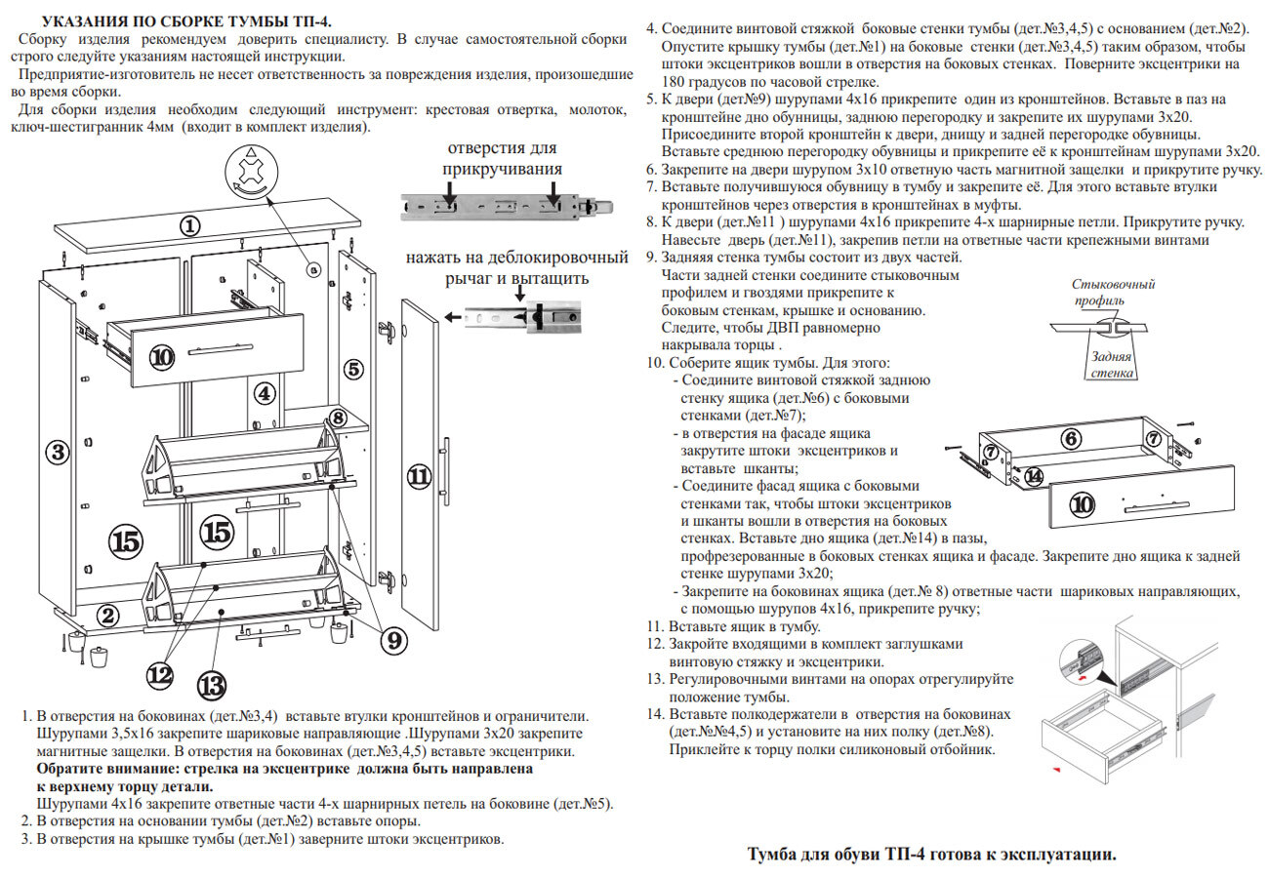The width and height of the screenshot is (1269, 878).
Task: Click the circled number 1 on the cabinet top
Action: pyautogui.click(x=189, y=225)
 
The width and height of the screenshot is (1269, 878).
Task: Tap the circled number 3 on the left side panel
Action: pyautogui.click(x=58, y=452)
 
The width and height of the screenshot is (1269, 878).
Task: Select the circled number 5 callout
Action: pyautogui.click(x=352, y=370)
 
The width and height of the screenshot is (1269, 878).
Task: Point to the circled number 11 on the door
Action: pyautogui.click(x=418, y=477)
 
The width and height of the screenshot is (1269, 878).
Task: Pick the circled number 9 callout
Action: pyautogui.click(x=391, y=641)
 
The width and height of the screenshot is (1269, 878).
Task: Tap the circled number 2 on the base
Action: pyautogui.click(x=108, y=615)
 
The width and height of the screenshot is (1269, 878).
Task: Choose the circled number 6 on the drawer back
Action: pyautogui.click(x=1071, y=439)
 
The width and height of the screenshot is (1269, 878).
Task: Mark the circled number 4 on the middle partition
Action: pyautogui.click(x=264, y=394)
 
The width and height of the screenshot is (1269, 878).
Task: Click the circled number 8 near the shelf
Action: pyautogui.click(x=337, y=418)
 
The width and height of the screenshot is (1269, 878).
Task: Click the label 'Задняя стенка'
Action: pyautogui.click(x=1111, y=365)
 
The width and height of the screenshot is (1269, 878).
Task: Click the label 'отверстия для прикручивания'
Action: pyautogui.click(x=502, y=158)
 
